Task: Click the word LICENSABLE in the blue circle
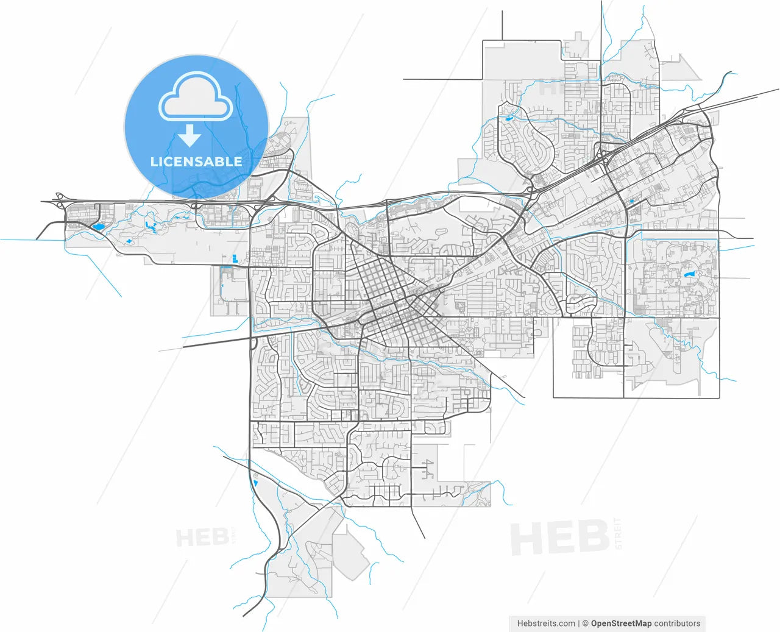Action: [x=196, y=162]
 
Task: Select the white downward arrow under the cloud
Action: [x=190, y=135]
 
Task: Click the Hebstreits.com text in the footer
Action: [x=546, y=623]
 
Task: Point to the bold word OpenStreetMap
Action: [x=621, y=623]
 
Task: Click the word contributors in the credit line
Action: [x=677, y=623]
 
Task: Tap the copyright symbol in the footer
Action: [x=585, y=623]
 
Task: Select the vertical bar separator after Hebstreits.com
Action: [x=579, y=623]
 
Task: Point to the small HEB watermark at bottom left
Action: [x=202, y=538]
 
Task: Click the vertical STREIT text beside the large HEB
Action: [x=619, y=534]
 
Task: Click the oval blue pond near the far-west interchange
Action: [x=97, y=228]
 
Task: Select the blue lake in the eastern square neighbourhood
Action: [x=689, y=275]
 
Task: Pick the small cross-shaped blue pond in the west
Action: [x=129, y=242]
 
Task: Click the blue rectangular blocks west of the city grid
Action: [x=233, y=258]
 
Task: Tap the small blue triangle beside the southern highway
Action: [x=255, y=483]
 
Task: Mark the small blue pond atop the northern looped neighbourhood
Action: [x=507, y=119]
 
